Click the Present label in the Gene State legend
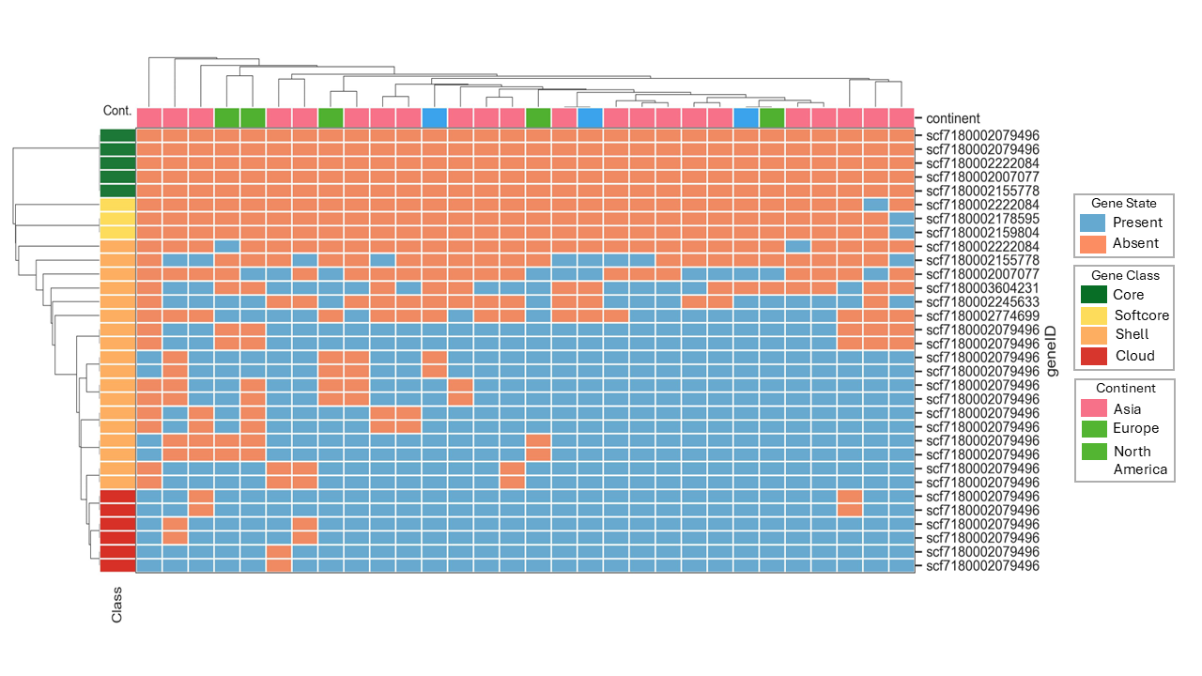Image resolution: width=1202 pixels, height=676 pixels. point(1137,223)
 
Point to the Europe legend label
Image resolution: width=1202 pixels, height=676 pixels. point(1135,428)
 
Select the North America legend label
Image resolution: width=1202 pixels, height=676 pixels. point(1140,460)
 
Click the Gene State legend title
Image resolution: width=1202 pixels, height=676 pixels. point(1123,203)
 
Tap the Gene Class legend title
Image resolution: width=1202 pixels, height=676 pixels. point(1124,275)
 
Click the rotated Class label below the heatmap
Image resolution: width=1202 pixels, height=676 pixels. point(117,605)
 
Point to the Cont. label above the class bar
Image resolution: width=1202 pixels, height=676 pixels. point(117,111)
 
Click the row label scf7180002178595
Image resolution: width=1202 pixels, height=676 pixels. point(982,218)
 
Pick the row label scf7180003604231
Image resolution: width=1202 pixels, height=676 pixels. point(982,287)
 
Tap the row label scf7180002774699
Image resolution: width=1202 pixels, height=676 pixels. point(982,315)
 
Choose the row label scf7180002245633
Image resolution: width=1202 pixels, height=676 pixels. point(982,301)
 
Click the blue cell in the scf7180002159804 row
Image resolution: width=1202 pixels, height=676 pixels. point(901,232)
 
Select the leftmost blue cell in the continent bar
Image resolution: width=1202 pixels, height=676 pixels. point(434,118)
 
